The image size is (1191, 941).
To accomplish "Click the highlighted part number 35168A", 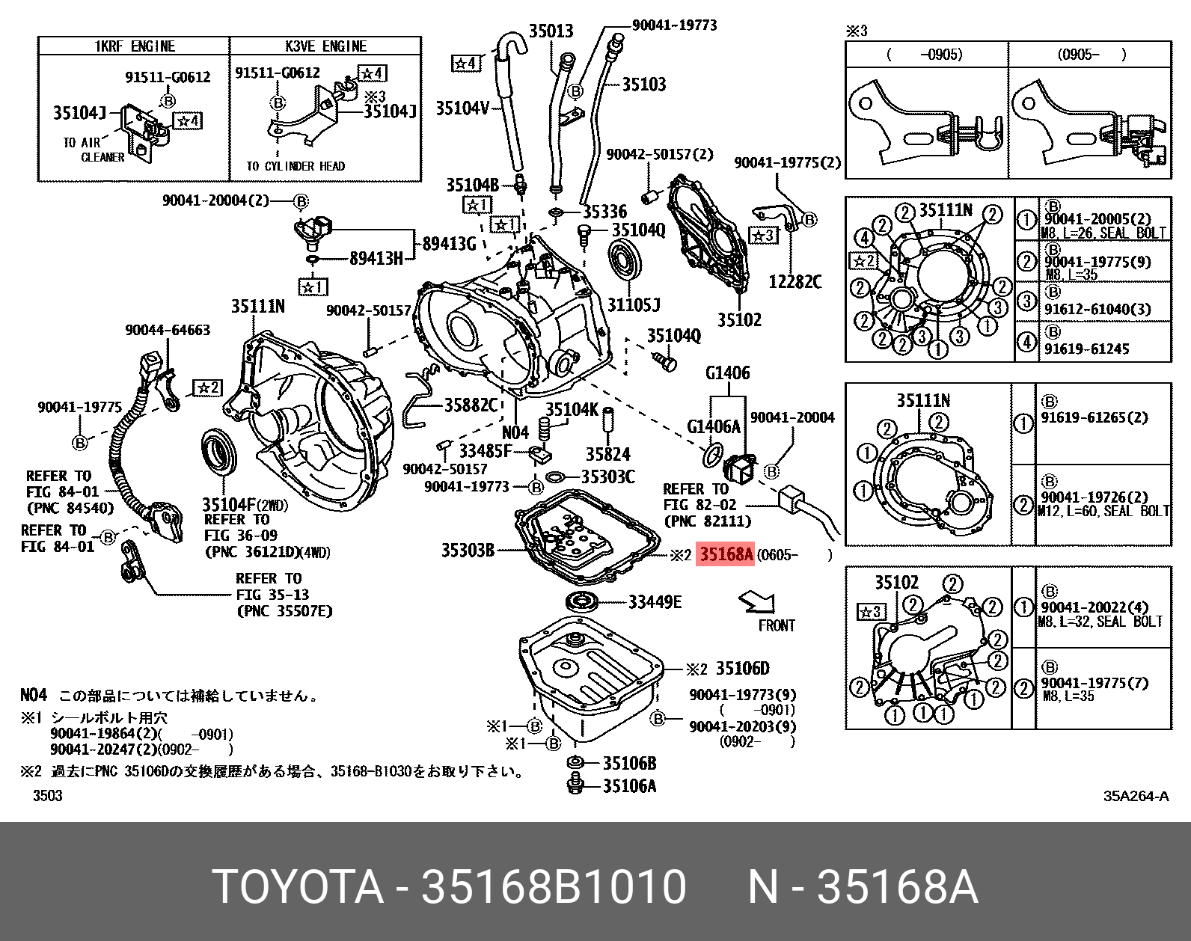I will coord(725,554).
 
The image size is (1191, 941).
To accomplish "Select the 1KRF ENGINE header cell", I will coord(134,46).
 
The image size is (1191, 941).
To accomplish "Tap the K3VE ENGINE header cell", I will coord(325,46).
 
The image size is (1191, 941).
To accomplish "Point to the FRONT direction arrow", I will coord(757,601).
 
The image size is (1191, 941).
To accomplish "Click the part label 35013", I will coord(551,31).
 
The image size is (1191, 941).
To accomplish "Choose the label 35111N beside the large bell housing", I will coord(257,306).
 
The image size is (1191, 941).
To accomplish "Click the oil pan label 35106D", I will coord(741,668).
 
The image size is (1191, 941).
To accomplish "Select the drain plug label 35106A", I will coord(629,785).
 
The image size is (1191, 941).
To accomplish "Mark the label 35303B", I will coord(468,551).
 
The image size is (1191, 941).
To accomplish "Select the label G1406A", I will coord(713,426).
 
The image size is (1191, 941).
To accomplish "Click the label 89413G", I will coord(449,243).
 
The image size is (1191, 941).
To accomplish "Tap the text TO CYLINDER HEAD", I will coord(296,166).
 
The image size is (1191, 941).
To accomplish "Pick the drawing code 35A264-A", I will coord(1135,796).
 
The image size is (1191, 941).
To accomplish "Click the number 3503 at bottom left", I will coord(48,796).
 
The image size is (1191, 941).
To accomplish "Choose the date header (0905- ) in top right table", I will coord(1092,55).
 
